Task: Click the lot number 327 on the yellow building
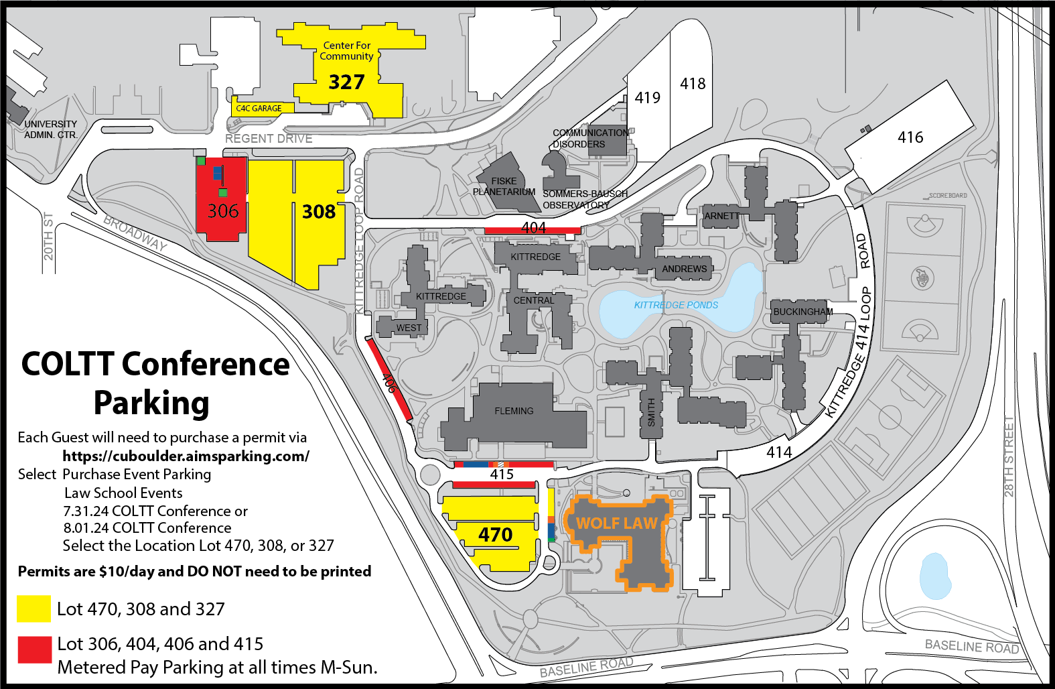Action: tap(346, 82)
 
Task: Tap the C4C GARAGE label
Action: tap(259, 108)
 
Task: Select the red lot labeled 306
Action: tap(222, 210)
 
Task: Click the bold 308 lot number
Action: tap(318, 212)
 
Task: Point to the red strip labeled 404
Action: tap(533, 229)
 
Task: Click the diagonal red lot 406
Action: tap(389, 380)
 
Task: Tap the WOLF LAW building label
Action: tap(616, 523)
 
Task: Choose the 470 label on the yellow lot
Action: tap(495, 534)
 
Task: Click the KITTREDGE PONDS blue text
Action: tap(676, 305)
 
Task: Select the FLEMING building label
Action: tap(514, 411)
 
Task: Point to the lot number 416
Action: tap(910, 137)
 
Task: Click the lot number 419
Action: tap(647, 98)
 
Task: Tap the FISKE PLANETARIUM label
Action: tap(504, 186)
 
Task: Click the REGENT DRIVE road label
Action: tap(269, 139)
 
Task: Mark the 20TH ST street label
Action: tap(48, 236)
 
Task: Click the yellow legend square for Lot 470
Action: tap(33, 609)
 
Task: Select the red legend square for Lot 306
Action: tap(34, 649)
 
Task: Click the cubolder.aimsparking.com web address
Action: tap(186, 456)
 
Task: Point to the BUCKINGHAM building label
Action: tap(802, 312)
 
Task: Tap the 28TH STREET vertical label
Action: tap(1009, 456)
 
